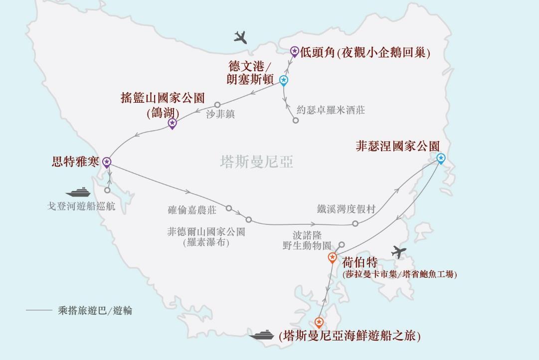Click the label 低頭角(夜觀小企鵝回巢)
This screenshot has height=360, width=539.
pos(365,52)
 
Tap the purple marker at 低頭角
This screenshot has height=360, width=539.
pos(295,51)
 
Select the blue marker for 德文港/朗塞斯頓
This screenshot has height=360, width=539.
pos(284,80)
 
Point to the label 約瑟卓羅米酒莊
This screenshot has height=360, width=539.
pos(331,110)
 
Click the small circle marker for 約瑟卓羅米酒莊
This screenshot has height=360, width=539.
pos(296,121)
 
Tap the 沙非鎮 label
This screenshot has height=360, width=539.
pos(220,114)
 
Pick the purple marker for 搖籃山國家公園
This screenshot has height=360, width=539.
pos(172,123)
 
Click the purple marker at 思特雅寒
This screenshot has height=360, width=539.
pos(107,162)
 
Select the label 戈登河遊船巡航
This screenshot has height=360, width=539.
pos(81,206)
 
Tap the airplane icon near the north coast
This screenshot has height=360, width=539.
pos(240,37)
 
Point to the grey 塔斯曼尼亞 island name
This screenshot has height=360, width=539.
pos(256,162)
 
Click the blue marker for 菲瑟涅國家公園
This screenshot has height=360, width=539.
pos(441,158)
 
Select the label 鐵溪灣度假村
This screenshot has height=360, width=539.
pos(346,209)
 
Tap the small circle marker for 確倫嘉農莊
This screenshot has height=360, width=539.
pos(229,208)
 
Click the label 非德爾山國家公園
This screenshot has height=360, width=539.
pos(206,232)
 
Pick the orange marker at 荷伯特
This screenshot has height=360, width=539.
pos(333,257)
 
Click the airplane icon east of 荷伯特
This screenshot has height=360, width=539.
pos(399,252)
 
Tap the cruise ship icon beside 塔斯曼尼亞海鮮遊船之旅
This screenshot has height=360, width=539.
pos(262,335)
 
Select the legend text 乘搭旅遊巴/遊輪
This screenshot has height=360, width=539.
pos(95,310)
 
